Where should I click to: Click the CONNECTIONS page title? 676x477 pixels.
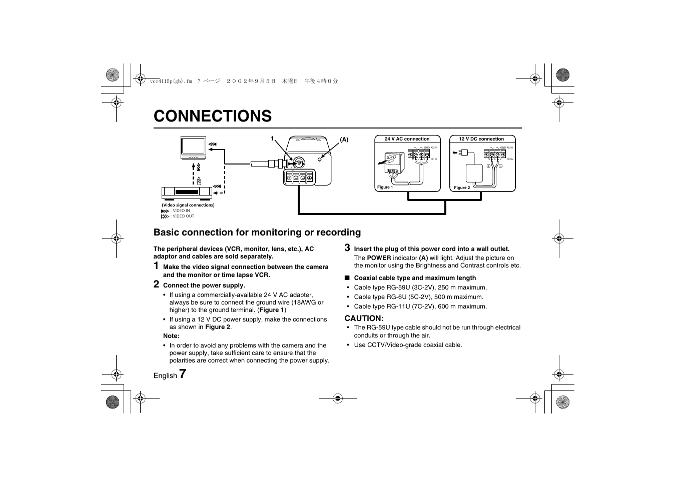tap(213, 116)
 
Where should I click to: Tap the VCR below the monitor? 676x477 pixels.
tap(187, 191)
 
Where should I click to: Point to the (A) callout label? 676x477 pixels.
tap(344, 140)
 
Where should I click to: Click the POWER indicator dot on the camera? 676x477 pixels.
tap(320, 159)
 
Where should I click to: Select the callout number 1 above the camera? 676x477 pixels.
tap(273, 138)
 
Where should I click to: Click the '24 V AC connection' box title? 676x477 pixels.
tap(407, 139)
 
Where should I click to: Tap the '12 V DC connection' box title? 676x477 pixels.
tap(481, 139)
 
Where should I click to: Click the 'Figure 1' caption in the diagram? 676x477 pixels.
tap(385, 187)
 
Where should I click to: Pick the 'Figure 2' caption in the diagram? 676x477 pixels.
tap(462, 187)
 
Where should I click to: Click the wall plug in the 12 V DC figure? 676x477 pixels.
tap(461, 152)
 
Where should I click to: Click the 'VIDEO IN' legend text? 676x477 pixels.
tap(181, 211)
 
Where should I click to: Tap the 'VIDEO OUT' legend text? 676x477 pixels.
tap(183, 216)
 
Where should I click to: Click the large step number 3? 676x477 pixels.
tap(347, 247)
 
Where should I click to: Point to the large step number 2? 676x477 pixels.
tap(157, 284)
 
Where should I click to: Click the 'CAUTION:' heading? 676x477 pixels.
tap(364, 318)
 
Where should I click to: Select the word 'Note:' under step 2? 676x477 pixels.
tap(171, 336)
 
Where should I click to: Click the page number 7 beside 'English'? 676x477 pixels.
tap(183, 373)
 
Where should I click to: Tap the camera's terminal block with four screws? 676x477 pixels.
tap(299, 177)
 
